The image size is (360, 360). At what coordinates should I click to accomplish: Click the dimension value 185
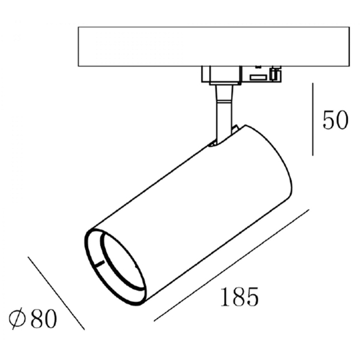point(239,296)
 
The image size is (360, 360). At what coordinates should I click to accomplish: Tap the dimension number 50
point(335,119)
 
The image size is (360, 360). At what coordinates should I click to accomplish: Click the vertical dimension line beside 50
point(313,119)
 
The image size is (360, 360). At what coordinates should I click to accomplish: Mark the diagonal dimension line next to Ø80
point(56,293)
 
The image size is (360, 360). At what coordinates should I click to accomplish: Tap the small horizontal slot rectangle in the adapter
point(258,77)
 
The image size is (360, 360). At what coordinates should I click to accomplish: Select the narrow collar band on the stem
point(224,101)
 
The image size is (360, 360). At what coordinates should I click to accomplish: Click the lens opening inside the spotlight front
point(123,261)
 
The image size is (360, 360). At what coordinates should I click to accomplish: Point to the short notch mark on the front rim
point(100,263)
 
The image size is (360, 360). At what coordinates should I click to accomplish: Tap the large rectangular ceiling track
point(214,47)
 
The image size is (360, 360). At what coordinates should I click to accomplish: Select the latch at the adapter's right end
point(276,73)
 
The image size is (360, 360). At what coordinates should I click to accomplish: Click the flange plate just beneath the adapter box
point(225,83)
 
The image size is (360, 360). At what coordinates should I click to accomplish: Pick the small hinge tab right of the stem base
point(235,128)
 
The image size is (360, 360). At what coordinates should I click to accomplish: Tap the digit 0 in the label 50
point(342,120)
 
